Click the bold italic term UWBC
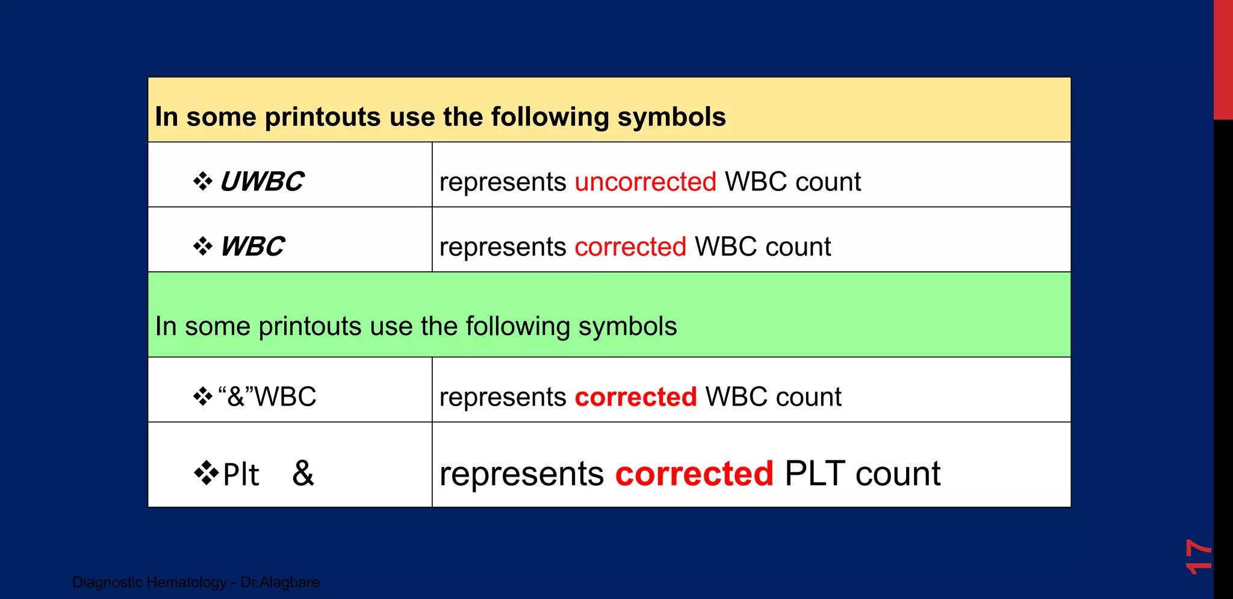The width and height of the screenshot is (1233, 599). [262, 181]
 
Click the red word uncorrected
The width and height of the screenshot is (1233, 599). [645, 181]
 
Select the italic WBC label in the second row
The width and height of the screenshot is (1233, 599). [252, 246]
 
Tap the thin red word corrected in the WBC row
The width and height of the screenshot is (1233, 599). [630, 246]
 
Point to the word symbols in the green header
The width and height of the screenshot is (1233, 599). [627, 326]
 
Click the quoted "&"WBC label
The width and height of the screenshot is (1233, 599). [267, 397]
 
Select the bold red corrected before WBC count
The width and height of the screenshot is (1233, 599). [636, 397]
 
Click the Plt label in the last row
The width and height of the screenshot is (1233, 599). [241, 474]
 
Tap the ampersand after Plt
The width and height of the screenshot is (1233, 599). [303, 473]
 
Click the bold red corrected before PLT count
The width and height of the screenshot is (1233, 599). [694, 474]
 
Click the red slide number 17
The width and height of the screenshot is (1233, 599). [1197, 556]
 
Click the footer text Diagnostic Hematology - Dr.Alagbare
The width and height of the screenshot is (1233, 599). [196, 582]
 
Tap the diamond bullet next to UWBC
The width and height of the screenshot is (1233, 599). [203, 181]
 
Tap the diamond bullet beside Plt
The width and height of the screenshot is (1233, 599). [207, 473]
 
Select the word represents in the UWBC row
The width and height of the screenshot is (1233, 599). [503, 181]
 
